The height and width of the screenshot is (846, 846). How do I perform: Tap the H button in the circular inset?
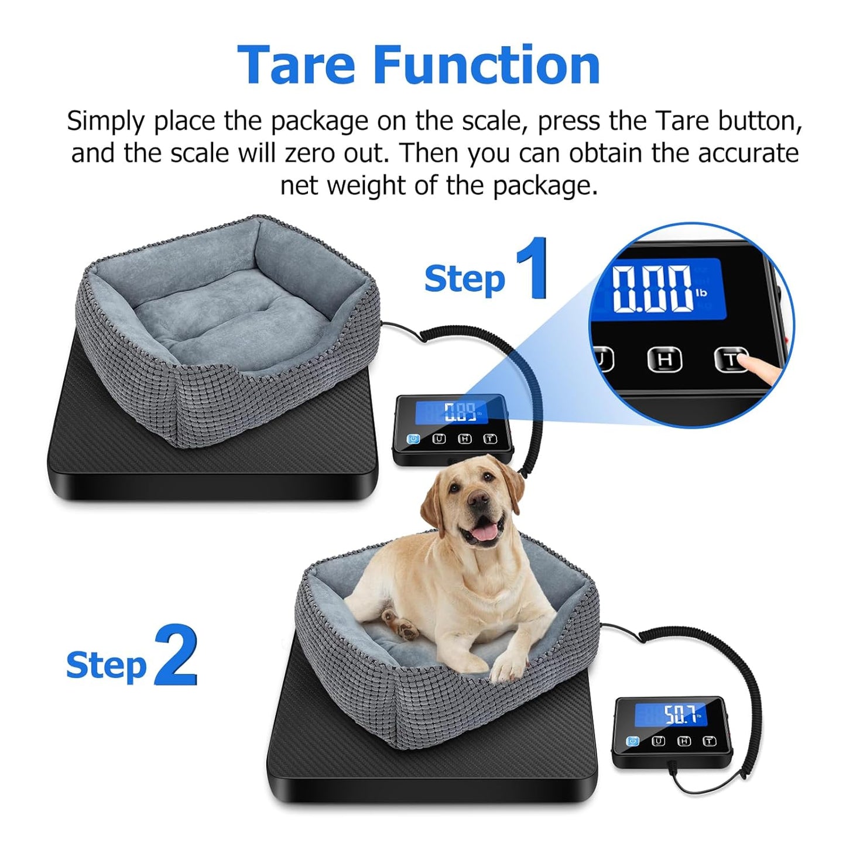coord(665,359)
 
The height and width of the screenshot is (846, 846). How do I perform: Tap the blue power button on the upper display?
coord(413,439)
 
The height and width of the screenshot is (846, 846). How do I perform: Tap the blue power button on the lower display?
coord(632,741)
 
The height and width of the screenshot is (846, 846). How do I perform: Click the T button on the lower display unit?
coord(709,741)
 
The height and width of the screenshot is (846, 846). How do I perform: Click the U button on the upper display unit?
coord(439,439)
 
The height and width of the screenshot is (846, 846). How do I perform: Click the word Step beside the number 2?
coord(106,665)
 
